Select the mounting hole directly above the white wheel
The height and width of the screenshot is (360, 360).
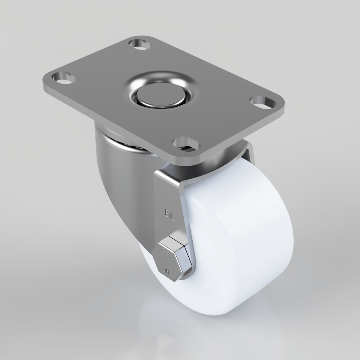186,143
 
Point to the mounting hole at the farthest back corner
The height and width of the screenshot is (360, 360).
139,44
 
